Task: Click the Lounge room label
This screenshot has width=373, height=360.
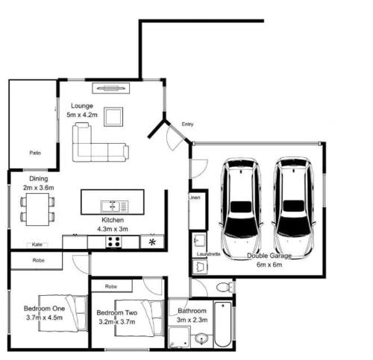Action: (x=82, y=106)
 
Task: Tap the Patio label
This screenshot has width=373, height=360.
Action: (x=35, y=153)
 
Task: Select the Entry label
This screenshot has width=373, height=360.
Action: (x=187, y=124)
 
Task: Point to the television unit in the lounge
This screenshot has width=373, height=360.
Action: (x=111, y=88)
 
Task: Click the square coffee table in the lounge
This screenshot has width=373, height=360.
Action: (x=113, y=117)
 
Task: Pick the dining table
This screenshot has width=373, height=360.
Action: (x=37, y=209)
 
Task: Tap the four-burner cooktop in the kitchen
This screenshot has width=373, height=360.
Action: (x=114, y=241)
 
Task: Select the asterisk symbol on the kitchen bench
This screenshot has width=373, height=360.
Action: (x=152, y=241)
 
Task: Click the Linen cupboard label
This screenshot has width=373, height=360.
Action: (x=194, y=198)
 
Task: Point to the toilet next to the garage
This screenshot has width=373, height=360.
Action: (x=225, y=287)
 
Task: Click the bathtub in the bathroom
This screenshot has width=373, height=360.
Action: (x=223, y=324)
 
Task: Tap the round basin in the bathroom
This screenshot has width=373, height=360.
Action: (x=201, y=338)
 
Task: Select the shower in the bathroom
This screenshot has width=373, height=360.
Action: (x=179, y=338)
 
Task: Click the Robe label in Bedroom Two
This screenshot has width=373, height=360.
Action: (x=111, y=286)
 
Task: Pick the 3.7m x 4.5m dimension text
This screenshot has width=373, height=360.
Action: (x=44, y=318)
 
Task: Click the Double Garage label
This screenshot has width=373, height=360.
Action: (x=269, y=256)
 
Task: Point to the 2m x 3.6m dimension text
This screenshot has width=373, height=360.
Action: (x=39, y=188)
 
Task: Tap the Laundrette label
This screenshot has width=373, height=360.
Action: (x=208, y=254)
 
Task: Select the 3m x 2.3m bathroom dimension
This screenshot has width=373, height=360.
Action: (x=192, y=320)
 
